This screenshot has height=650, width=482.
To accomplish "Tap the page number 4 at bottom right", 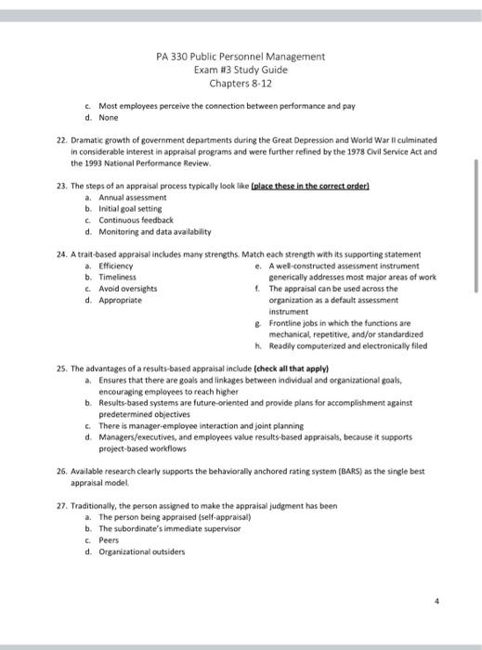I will (x=448, y=602).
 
